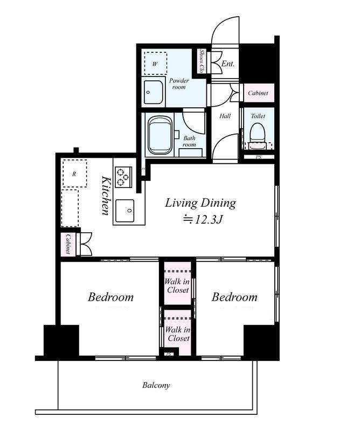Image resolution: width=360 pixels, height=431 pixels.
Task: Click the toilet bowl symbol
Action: (x=257, y=133)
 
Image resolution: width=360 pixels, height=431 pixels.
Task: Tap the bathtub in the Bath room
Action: (x=161, y=135)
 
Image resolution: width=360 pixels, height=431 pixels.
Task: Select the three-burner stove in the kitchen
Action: (x=123, y=177)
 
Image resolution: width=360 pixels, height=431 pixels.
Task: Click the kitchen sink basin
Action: (x=125, y=211)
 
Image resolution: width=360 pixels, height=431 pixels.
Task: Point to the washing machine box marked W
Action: (x=155, y=64)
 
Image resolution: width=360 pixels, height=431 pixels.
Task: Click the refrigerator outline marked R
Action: (x=74, y=173)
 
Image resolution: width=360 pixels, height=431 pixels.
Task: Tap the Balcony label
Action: (x=156, y=385)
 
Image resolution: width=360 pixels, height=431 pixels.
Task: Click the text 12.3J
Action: (x=208, y=219)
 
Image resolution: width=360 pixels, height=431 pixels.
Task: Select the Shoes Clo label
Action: (x=202, y=61)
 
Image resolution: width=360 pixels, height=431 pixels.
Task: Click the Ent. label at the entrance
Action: (x=228, y=64)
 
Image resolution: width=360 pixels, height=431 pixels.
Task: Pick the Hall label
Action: (x=225, y=116)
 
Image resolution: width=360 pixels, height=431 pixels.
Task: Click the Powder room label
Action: (x=179, y=84)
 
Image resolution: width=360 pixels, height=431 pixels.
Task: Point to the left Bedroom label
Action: (x=110, y=297)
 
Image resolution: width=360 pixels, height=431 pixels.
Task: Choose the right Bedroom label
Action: (x=234, y=297)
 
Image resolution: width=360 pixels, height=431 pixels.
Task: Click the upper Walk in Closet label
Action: (x=177, y=286)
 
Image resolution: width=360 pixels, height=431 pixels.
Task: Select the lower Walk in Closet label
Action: (x=178, y=333)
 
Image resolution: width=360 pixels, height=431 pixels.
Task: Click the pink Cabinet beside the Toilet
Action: (x=258, y=93)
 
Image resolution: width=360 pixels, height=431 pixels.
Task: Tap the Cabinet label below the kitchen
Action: (x=68, y=245)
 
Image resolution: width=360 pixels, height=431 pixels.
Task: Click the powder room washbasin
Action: (x=153, y=92)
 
